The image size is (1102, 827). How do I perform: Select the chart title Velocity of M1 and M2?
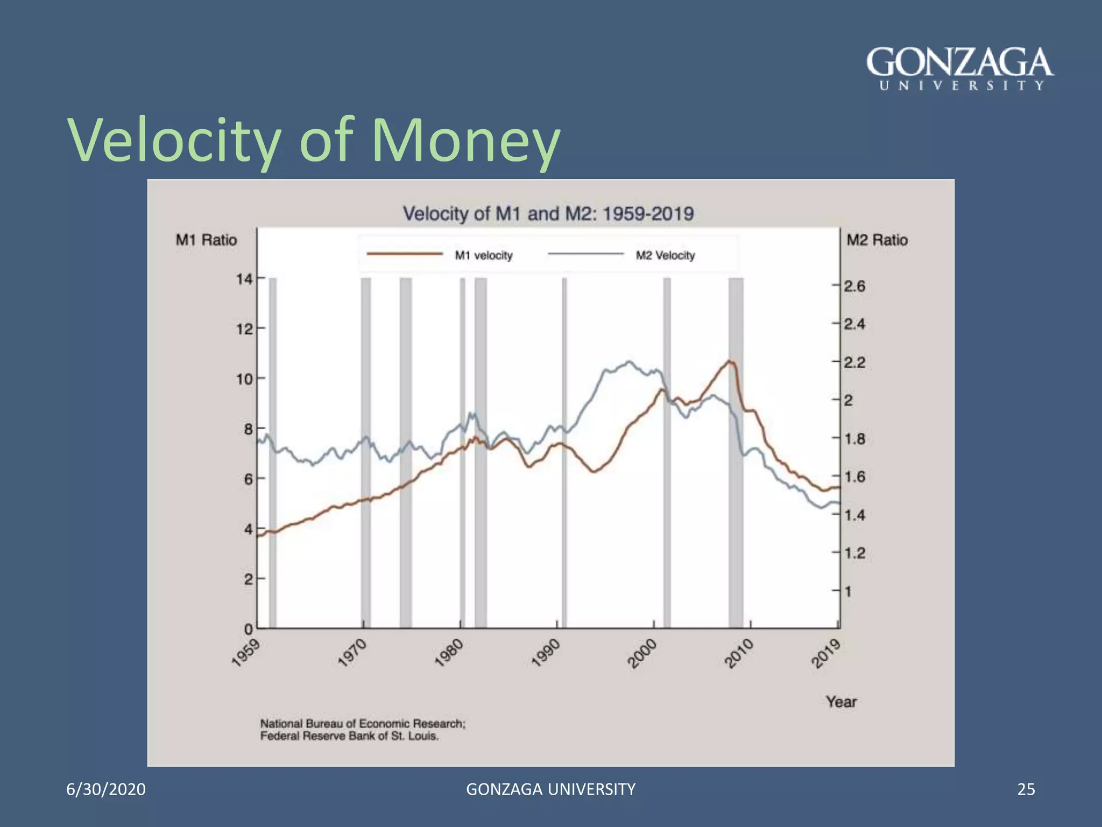pyautogui.click(x=548, y=214)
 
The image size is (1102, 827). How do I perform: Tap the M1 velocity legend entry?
pyautogui.click(x=483, y=255)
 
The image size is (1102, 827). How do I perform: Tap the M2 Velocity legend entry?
pyautogui.click(x=665, y=255)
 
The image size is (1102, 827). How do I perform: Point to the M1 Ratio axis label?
pyautogui.click(x=206, y=240)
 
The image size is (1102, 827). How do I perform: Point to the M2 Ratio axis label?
pyautogui.click(x=877, y=240)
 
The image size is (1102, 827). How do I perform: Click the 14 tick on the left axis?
pyautogui.click(x=244, y=279)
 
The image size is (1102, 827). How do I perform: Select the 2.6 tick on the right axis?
pyautogui.click(x=854, y=286)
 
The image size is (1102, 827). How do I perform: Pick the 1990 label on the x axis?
pyautogui.click(x=546, y=653)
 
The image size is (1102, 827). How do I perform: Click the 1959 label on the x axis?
pyautogui.click(x=245, y=653)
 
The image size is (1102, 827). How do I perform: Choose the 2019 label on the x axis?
pyautogui.click(x=826, y=653)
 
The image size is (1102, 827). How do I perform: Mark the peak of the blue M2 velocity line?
pyautogui.click(x=629, y=361)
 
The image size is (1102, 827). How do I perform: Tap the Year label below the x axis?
pyautogui.click(x=841, y=702)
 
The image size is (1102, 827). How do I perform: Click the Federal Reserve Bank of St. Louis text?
pyautogui.click(x=349, y=737)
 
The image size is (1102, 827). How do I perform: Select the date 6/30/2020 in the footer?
pyautogui.click(x=106, y=789)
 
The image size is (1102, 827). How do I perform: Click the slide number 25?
pyautogui.click(x=1026, y=789)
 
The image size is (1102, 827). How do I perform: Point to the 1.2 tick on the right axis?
pyautogui.click(x=854, y=553)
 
